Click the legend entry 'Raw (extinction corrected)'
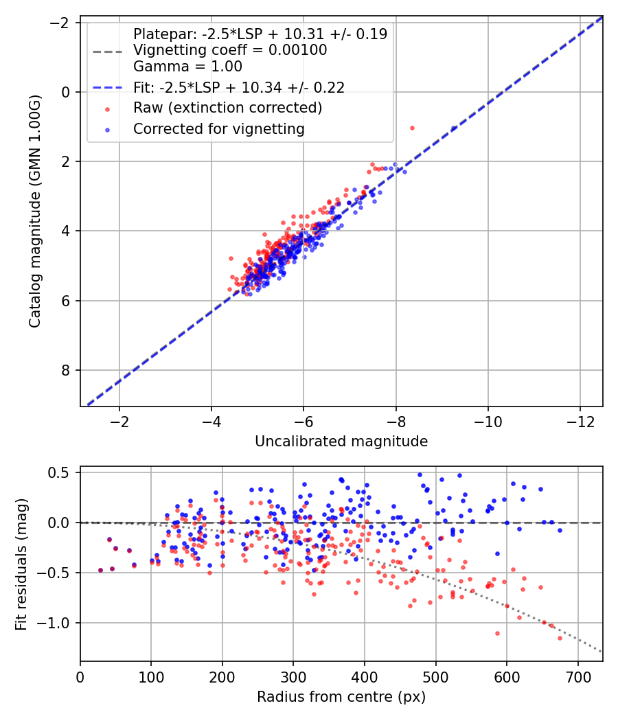coord(227,108)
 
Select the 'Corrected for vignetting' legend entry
coord(218,128)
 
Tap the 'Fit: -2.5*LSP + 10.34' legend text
coord(239,87)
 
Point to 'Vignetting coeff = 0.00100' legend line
coord(230,50)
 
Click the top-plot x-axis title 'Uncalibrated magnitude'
coord(341,442)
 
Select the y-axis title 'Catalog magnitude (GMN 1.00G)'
coord(35,211)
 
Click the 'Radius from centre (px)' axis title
coord(341,697)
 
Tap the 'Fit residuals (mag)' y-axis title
coord(21,563)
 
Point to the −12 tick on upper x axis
coord(580,420)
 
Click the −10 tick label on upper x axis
coord(488,420)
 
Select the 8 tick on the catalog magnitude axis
coord(67,371)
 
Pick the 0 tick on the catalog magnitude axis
coord(67,92)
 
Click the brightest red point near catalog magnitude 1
coord(412,128)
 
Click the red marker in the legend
coord(106,108)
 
